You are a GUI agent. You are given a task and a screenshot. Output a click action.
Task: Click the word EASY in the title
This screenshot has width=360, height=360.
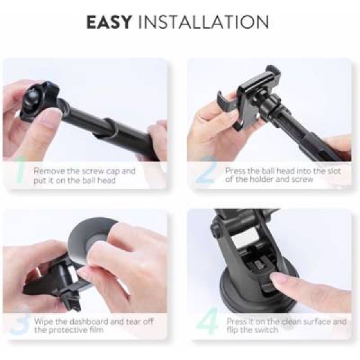tap(109, 22)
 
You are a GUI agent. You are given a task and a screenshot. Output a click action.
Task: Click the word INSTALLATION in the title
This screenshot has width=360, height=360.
tap(203, 22)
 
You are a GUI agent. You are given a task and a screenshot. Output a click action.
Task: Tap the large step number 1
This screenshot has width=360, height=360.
tap(20, 170)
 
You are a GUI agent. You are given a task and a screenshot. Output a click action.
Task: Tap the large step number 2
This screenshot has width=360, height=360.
tap(206, 170)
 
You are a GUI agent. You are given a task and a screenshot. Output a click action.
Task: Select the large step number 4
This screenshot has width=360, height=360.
tap(208, 320)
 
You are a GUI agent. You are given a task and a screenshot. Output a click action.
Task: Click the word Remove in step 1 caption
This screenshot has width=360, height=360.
tap(49, 171)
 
